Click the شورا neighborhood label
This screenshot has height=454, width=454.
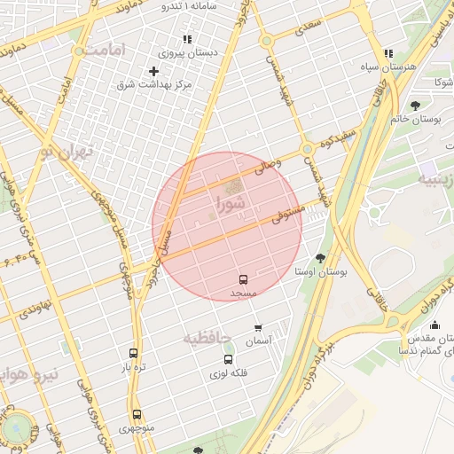coord(231,208)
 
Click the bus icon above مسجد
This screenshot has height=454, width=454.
coord(244,278)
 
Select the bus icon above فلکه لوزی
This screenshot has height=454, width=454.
coord(229,359)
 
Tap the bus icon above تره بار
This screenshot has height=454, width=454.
coord(134,352)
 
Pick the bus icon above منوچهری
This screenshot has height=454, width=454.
coord(137,414)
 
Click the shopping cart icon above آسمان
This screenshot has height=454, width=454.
coord(258,326)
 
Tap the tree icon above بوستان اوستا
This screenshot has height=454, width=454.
coord(320,258)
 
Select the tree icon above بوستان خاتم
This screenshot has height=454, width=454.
coord(415,106)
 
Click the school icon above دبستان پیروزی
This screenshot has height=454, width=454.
coord(186,40)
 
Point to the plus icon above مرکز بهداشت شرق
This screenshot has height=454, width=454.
coord(154,71)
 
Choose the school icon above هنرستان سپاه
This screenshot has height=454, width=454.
coord(388,53)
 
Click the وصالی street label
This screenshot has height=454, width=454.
coord(268,162)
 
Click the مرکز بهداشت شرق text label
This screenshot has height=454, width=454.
coord(155,84)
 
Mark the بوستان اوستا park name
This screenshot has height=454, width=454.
coord(320,270)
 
